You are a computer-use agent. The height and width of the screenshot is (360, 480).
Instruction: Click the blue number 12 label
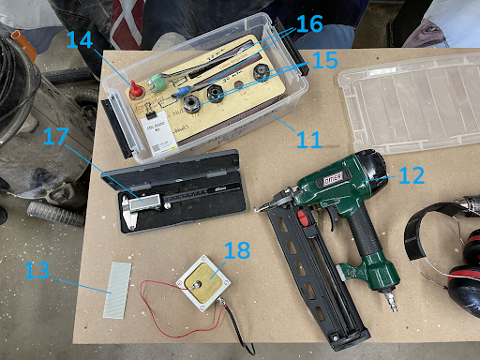411,174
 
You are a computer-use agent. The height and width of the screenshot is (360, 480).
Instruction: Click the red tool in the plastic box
134,91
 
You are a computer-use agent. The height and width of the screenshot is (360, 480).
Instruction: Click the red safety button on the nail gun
302,220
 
